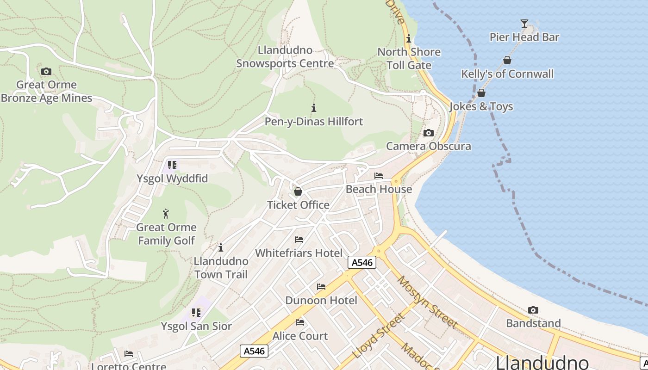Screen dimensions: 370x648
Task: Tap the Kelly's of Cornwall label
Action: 507,74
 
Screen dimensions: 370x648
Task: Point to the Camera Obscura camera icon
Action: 429,133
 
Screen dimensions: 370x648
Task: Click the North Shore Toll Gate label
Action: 409,58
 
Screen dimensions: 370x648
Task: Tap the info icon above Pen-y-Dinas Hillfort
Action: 314,108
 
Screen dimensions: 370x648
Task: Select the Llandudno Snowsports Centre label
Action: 285,57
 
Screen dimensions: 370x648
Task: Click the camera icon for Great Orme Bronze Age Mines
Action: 46,71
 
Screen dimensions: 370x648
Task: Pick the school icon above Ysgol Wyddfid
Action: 172,165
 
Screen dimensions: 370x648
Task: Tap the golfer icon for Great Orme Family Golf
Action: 166,214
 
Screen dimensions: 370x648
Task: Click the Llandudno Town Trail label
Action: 221,268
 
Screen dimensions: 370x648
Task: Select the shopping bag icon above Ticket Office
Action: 298,191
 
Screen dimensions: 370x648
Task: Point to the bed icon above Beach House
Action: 379,176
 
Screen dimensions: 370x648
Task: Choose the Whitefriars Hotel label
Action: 299,253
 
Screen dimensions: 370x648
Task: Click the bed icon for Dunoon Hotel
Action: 321,287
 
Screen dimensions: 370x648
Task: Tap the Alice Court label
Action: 300,336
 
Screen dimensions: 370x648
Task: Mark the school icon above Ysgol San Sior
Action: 196,313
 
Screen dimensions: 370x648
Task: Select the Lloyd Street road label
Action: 379,336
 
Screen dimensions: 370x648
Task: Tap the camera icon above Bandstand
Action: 533,310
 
